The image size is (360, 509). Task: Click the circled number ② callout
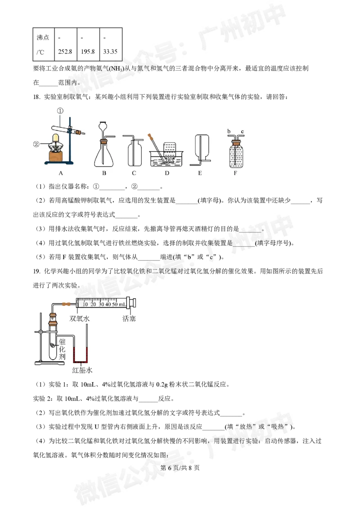[37, 144]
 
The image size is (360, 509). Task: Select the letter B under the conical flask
[104, 172]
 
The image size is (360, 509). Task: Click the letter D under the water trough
[166, 172]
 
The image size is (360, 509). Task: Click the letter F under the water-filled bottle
[237, 172]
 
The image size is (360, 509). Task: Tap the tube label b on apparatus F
[229, 131]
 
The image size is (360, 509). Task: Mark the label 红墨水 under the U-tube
[82, 371]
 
